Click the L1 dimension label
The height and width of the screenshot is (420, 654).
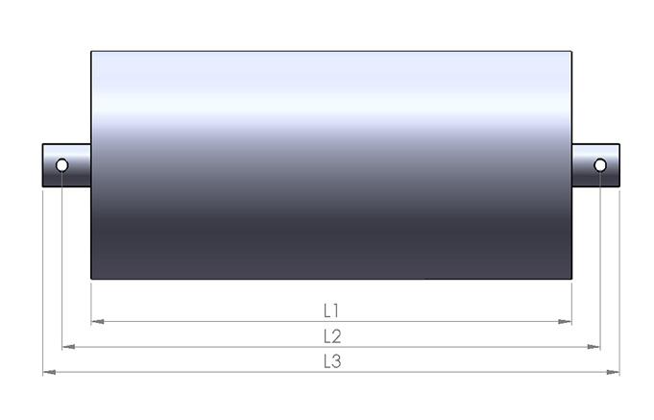click(331, 310)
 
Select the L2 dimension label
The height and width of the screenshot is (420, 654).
click(332, 336)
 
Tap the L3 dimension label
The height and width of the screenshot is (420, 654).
click(332, 361)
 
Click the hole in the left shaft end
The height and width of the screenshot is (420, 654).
click(61, 165)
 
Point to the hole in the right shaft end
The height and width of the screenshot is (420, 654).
click(600, 165)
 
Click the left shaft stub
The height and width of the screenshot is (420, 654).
click(66, 165)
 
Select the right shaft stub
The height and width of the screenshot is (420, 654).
click(595, 165)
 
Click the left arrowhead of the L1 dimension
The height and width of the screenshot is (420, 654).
click(97, 321)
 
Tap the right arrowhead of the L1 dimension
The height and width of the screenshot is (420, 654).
click(565, 321)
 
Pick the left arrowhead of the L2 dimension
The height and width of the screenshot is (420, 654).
click(68, 347)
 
